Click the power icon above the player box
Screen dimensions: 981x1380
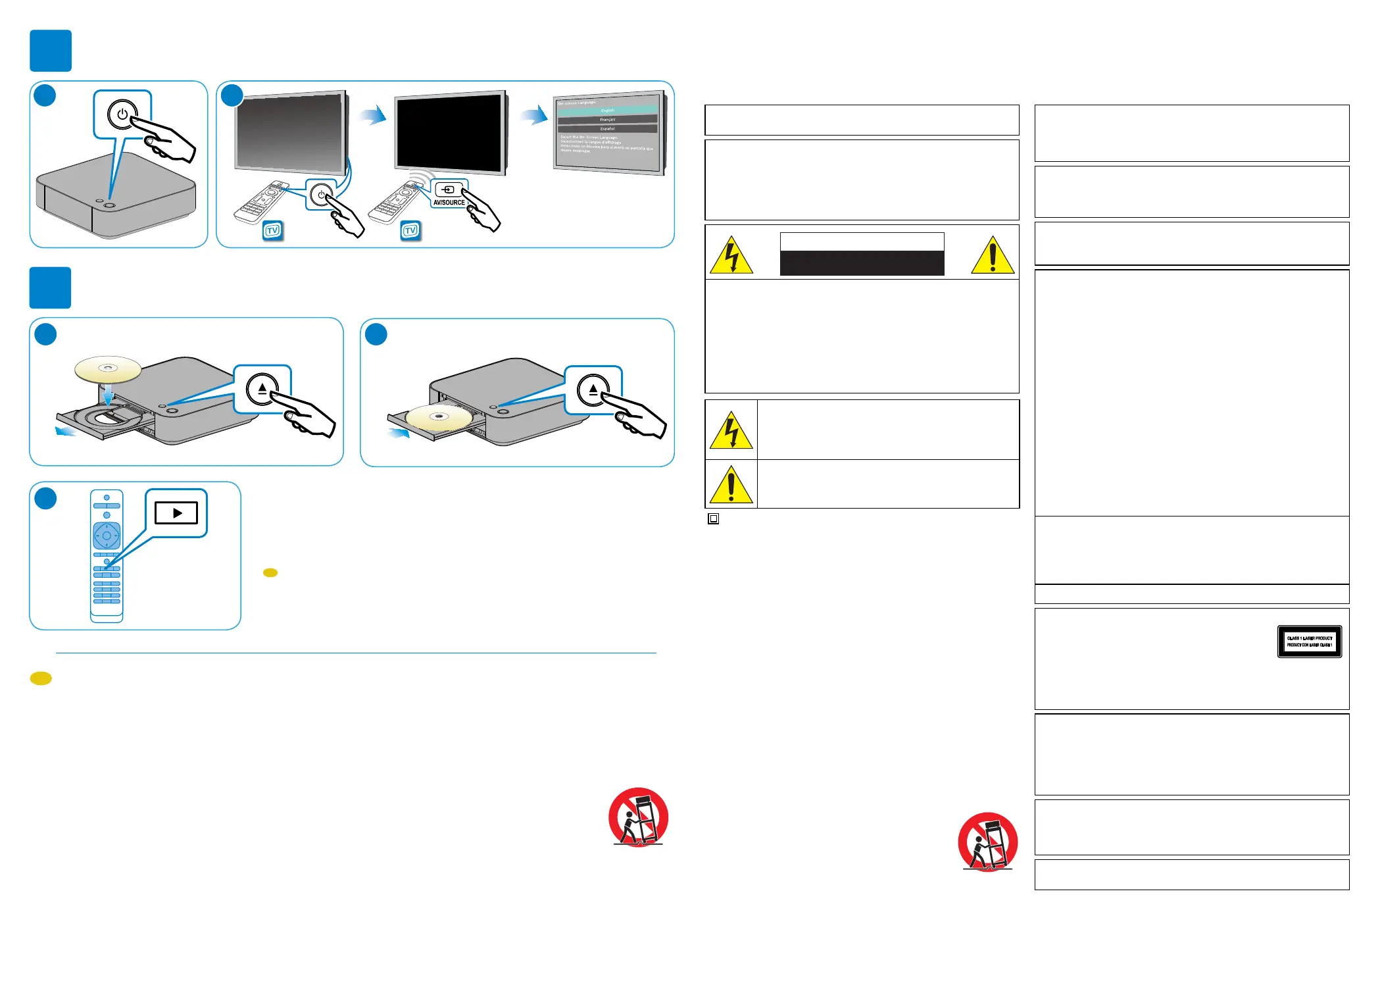pyautogui.click(x=122, y=114)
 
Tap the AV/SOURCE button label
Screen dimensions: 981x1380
pyautogui.click(x=449, y=203)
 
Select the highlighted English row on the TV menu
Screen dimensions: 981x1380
pyautogui.click(x=607, y=111)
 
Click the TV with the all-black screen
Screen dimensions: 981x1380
pyautogui.click(x=451, y=132)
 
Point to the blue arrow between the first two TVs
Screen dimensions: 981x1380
pyautogui.click(x=372, y=116)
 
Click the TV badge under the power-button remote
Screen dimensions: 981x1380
pyautogui.click(x=272, y=230)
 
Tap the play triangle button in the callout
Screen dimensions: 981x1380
pyautogui.click(x=176, y=513)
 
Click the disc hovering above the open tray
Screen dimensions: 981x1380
pyautogui.click(x=108, y=369)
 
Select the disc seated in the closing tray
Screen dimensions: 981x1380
pyautogui.click(x=439, y=417)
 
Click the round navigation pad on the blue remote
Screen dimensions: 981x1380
pyautogui.click(x=107, y=536)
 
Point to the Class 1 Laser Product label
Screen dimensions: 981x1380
pyautogui.click(x=1309, y=641)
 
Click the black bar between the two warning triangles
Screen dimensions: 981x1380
pyautogui.click(x=862, y=263)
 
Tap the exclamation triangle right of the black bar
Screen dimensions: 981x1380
pyautogui.click(x=993, y=255)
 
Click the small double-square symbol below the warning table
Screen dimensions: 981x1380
pyautogui.click(x=713, y=519)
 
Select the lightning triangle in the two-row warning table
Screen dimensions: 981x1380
pyautogui.click(x=731, y=431)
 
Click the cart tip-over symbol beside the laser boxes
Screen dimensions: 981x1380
pyautogui.click(x=987, y=842)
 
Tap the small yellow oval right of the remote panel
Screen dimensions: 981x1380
pyautogui.click(x=270, y=573)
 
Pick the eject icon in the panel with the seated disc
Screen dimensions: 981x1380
pyautogui.click(x=593, y=390)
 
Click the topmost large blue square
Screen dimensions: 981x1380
pyautogui.click(x=51, y=51)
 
